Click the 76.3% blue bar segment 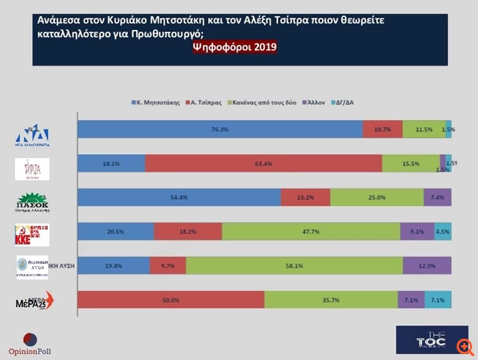[221, 129]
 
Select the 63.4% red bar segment [263, 163]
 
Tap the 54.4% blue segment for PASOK [179, 197]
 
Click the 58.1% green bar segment [293, 264]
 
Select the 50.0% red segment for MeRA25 [171, 299]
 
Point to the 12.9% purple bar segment [427, 264]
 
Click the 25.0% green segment [377, 197]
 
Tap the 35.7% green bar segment [331, 299]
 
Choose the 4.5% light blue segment [443, 231]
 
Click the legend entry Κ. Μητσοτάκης [155, 102]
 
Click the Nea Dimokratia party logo [34, 134]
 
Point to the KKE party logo [33, 234]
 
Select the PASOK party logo [33, 200]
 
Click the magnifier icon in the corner [464, 345]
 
